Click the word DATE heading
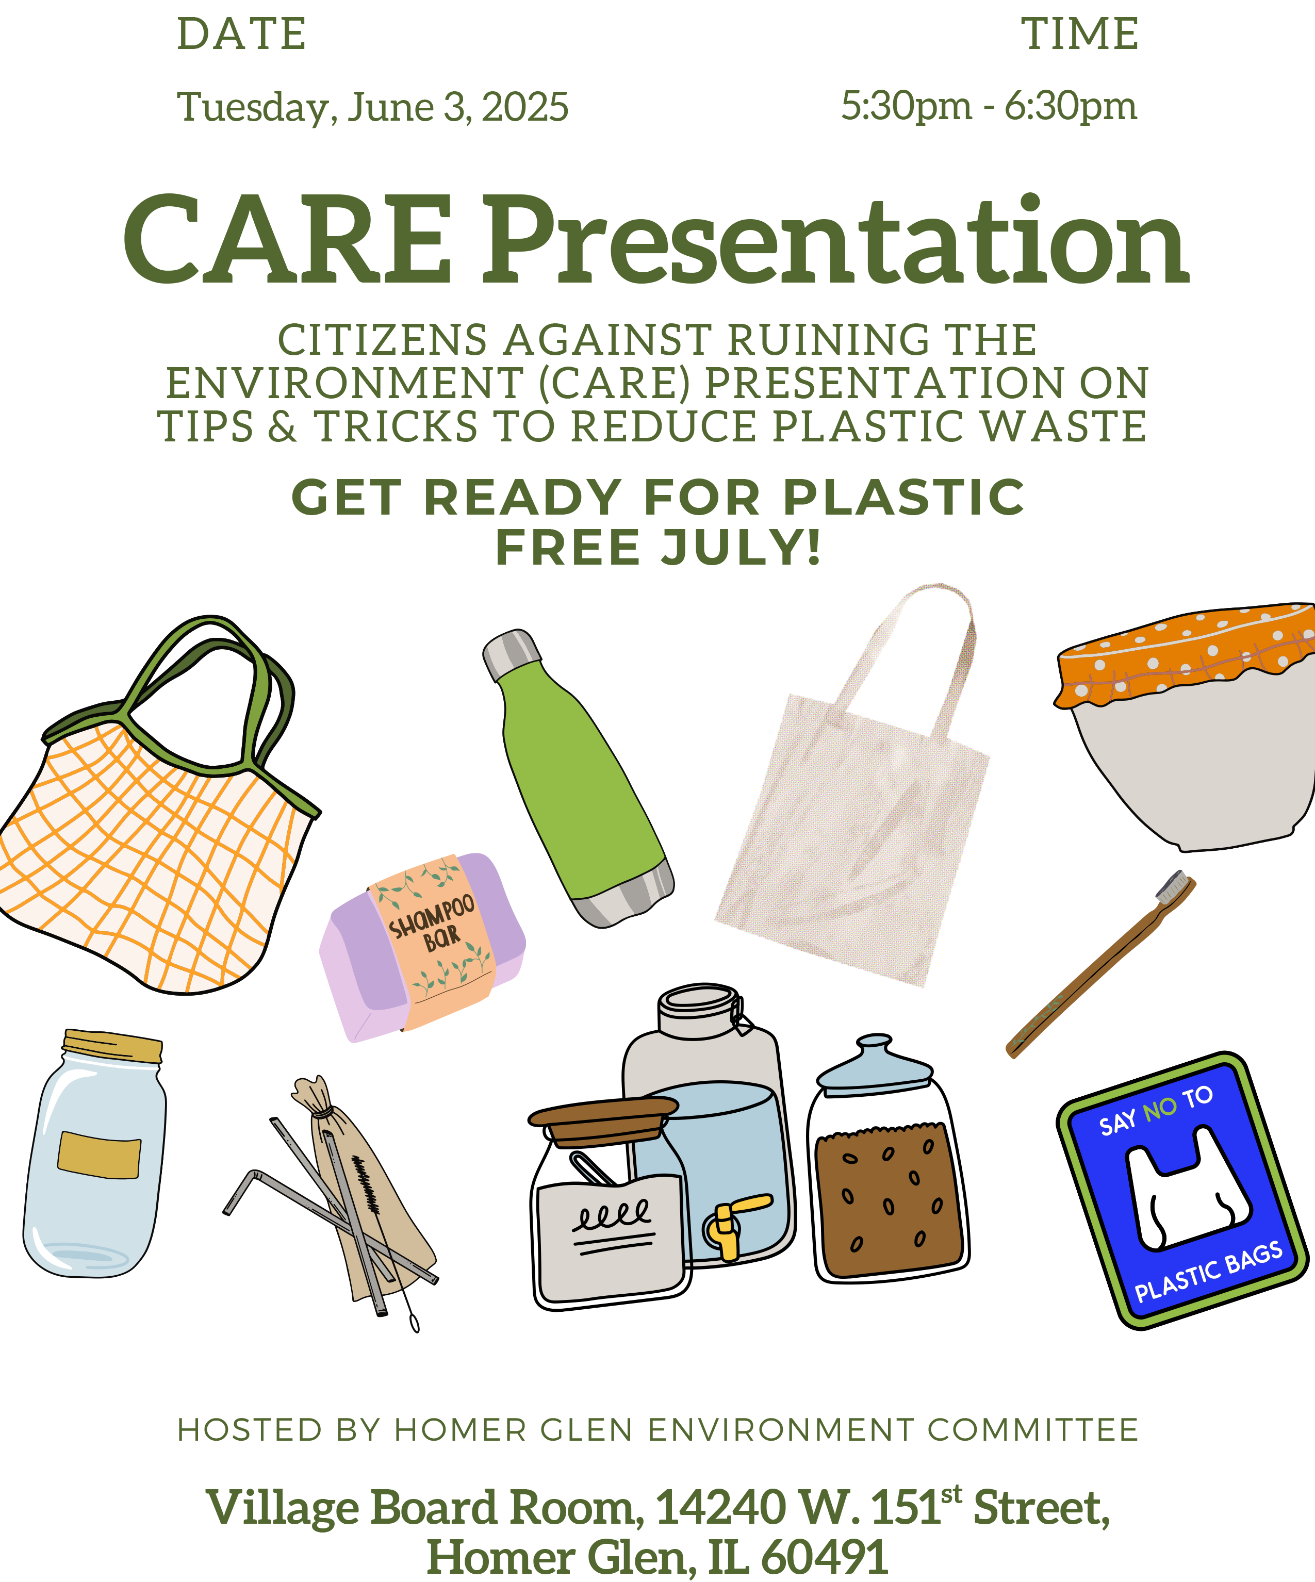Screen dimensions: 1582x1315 pyautogui.click(x=241, y=35)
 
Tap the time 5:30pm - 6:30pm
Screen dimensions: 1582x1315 pyautogui.click(x=988, y=106)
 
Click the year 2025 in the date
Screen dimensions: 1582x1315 pyautogui.click(x=525, y=108)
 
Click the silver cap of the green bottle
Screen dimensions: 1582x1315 pyautogui.click(x=512, y=654)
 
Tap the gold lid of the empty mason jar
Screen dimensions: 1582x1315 pyautogui.click(x=113, y=1046)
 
